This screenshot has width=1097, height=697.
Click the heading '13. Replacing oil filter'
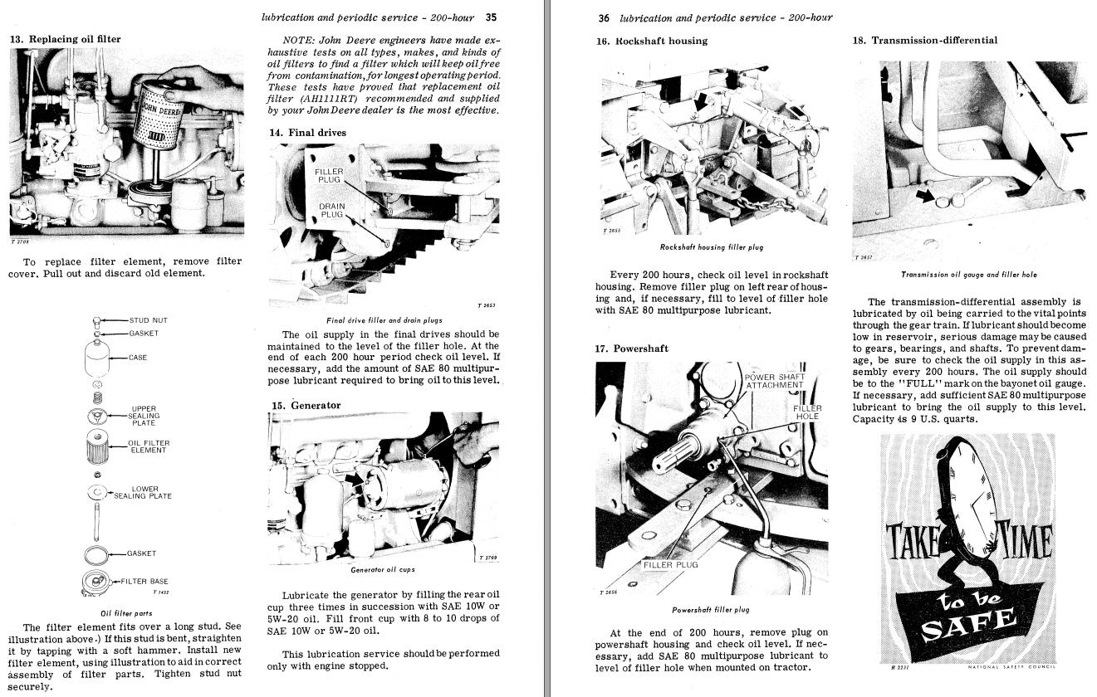tap(65, 39)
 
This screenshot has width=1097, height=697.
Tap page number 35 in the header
tap(491, 17)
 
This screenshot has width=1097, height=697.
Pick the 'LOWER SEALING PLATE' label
tap(143, 492)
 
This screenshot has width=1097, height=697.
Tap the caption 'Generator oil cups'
tap(383, 570)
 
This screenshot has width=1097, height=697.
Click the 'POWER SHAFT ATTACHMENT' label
tap(775, 382)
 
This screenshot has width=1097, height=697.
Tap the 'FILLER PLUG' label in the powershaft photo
tap(671, 565)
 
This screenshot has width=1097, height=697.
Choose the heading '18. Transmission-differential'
tap(925, 40)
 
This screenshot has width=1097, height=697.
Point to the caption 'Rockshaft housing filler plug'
tap(711, 247)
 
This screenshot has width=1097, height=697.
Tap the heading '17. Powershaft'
tap(631, 348)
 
